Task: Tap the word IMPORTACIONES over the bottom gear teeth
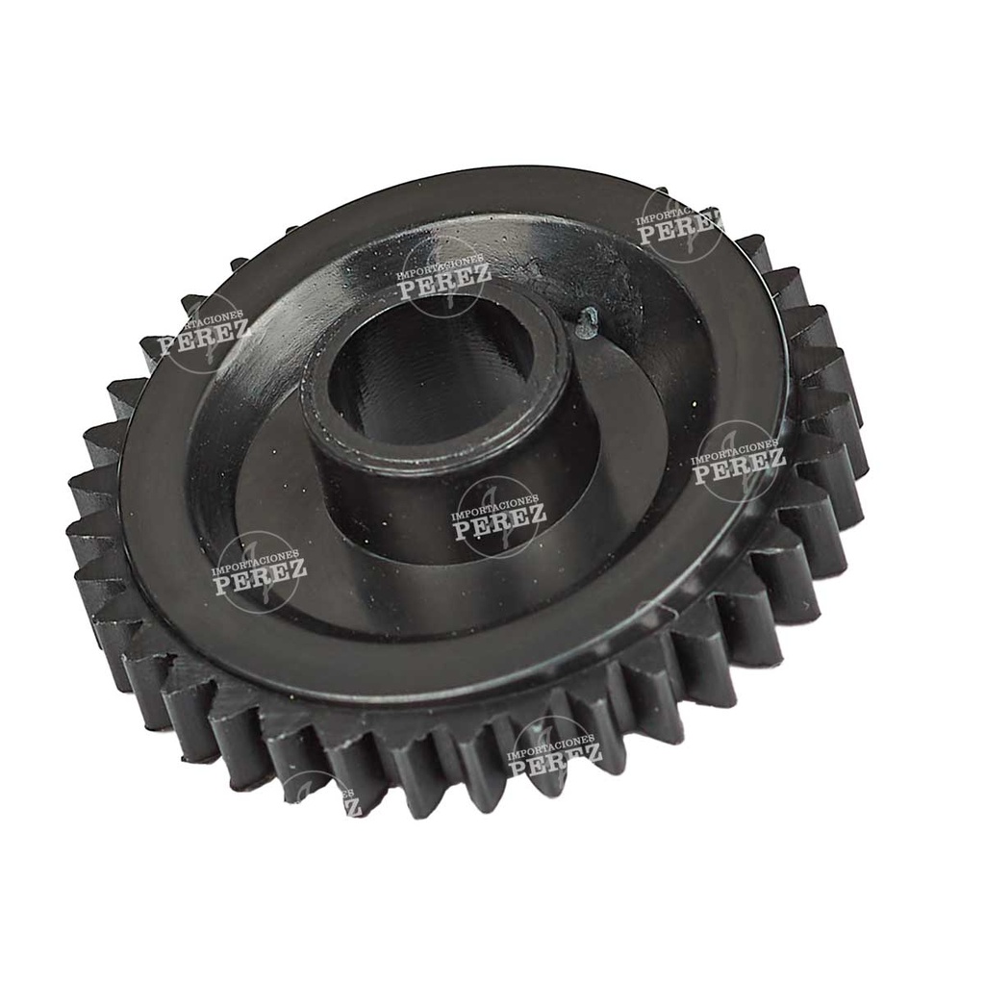pos(552,744)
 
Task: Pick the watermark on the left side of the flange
pos(204,337)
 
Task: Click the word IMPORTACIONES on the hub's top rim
pos(443,268)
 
